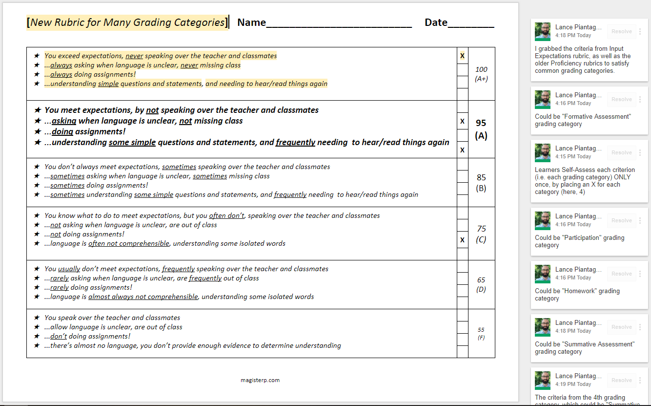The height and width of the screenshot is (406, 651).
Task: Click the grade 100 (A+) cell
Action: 481,74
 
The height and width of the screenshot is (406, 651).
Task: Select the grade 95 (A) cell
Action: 481,129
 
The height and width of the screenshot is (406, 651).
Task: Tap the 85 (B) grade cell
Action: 481,182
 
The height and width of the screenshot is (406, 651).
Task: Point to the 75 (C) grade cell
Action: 481,234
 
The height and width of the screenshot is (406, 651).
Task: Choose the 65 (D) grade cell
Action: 481,284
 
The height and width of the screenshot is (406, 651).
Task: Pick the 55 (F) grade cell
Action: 481,333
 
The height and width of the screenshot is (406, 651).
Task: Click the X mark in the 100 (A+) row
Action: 462,56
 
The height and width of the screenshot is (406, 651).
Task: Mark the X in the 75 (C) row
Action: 462,240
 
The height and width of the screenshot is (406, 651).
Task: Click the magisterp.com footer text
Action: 260,380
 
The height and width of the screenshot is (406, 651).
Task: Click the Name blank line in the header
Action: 339,23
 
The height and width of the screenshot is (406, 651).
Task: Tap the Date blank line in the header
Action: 470,23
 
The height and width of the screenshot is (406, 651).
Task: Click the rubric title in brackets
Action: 127,22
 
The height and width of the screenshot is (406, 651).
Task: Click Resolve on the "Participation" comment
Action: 621,220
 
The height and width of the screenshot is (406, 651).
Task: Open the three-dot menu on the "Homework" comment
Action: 640,274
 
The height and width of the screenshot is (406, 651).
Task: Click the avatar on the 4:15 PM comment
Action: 543,152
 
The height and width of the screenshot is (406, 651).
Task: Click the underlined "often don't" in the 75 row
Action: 226,215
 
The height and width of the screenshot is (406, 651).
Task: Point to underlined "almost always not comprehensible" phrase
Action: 143,297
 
